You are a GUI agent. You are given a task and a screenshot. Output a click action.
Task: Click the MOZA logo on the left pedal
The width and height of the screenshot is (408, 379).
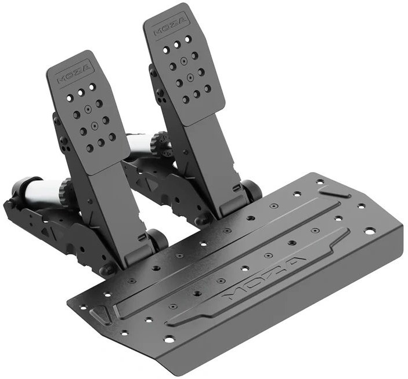coord(74,74)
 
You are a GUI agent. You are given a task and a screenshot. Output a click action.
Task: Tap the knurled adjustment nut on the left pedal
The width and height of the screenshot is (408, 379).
coord(64,191)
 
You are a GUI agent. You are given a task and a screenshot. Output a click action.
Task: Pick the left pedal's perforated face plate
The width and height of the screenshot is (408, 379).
coord(88,112)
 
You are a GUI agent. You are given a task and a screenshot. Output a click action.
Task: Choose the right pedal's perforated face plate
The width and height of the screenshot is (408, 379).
coord(184,64)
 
